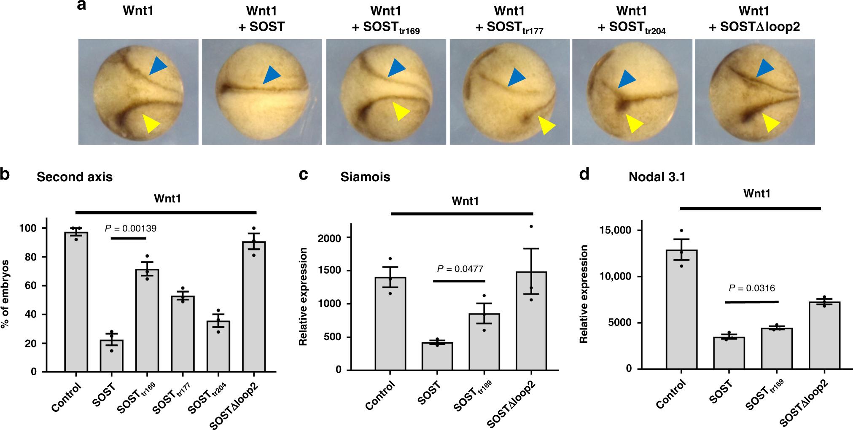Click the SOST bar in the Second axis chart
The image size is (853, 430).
(111, 356)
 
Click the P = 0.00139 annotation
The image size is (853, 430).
(130, 228)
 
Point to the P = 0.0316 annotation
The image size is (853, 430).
(752, 289)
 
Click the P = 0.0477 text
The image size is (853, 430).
(460, 269)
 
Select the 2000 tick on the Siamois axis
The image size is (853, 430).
(331, 238)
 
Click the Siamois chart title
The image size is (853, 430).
(365, 177)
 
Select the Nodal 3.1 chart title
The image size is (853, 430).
(657, 177)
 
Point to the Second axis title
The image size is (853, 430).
(75, 177)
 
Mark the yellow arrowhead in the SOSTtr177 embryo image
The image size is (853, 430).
(546, 125)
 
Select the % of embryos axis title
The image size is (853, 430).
(6, 295)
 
